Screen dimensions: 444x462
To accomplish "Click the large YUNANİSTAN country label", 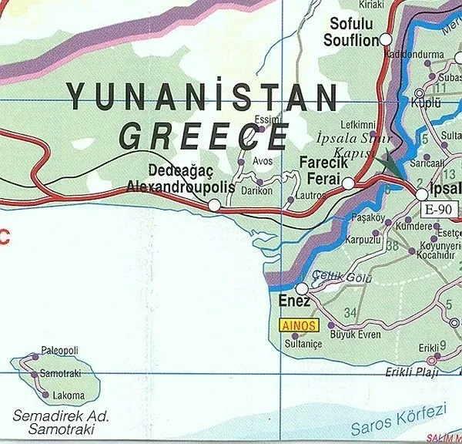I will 202,97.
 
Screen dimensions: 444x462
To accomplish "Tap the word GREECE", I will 203,136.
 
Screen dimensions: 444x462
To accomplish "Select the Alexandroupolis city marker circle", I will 214,205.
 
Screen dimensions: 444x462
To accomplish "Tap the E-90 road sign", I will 437,209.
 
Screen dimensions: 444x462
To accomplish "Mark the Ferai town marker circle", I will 348,183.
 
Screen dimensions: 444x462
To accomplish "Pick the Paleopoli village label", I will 60,351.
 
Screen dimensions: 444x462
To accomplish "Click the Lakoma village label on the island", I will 69,396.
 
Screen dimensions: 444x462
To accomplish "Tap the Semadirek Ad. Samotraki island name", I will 61,422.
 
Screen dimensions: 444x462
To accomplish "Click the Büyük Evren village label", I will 354,335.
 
